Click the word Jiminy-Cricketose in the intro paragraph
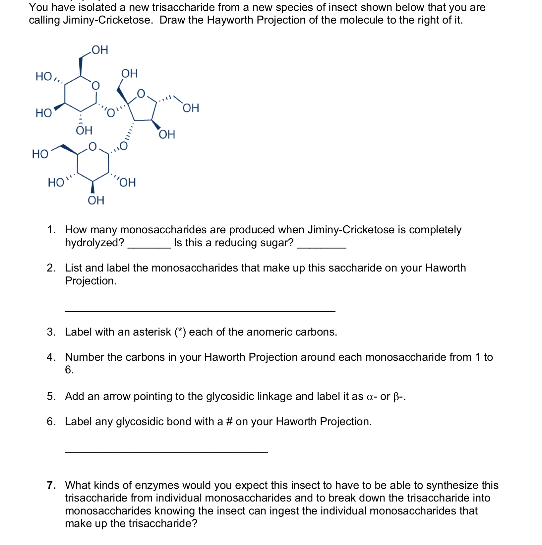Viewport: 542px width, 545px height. (x=108, y=20)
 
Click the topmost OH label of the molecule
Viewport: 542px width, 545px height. (x=100, y=50)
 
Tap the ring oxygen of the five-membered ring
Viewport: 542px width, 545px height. (x=141, y=94)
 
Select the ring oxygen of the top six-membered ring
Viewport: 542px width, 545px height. (x=95, y=86)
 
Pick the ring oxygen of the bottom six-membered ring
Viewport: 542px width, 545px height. (x=92, y=146)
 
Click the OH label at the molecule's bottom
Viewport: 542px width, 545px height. (x=96, y=200)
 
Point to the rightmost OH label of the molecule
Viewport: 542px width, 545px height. (x=191, y=108)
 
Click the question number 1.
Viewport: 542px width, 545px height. (x=51, y=230)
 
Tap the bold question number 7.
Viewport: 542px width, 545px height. (x=51, y=485)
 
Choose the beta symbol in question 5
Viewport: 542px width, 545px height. (x=396, y=397)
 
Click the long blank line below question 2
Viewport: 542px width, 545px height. (x=200, y=311)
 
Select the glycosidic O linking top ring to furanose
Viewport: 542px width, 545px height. (x=110, y=113)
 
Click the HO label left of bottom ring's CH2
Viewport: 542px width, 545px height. (x=40, y=154)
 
